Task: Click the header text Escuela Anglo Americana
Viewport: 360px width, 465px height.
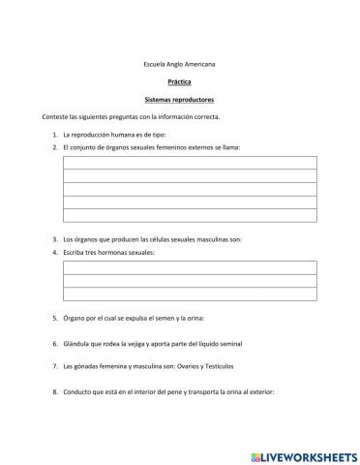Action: (x=179, y=64)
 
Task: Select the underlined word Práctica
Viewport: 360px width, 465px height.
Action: (x=179, y=81)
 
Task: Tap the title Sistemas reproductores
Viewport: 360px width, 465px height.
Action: (x=179, y=99)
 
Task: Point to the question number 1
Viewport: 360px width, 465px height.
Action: (x=53, y=134)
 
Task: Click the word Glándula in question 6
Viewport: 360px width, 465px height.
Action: (x=75, y=343)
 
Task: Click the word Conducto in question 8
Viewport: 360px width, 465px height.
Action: (x=76, y=392)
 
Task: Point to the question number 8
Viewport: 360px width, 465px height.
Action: (x=53, y=392)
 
